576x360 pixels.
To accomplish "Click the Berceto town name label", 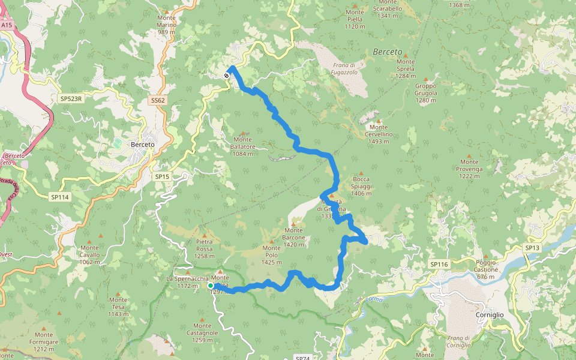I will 142,145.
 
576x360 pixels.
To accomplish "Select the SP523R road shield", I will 70,98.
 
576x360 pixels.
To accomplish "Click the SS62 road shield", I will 158,100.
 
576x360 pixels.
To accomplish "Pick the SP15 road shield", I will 162,176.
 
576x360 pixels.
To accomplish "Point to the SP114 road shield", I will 60,197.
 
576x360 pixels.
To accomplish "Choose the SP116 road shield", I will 439,264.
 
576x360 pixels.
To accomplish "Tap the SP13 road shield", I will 532,248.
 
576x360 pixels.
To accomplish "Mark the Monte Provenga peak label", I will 469,166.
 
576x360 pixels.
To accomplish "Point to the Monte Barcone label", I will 294,234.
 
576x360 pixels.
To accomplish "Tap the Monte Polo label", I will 271,251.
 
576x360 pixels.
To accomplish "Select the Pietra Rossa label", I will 204,245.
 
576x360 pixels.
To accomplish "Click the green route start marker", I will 211,286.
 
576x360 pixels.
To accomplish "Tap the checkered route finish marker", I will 226,76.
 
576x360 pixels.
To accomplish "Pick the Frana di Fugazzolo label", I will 344,68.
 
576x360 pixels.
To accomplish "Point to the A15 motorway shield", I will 7,26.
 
